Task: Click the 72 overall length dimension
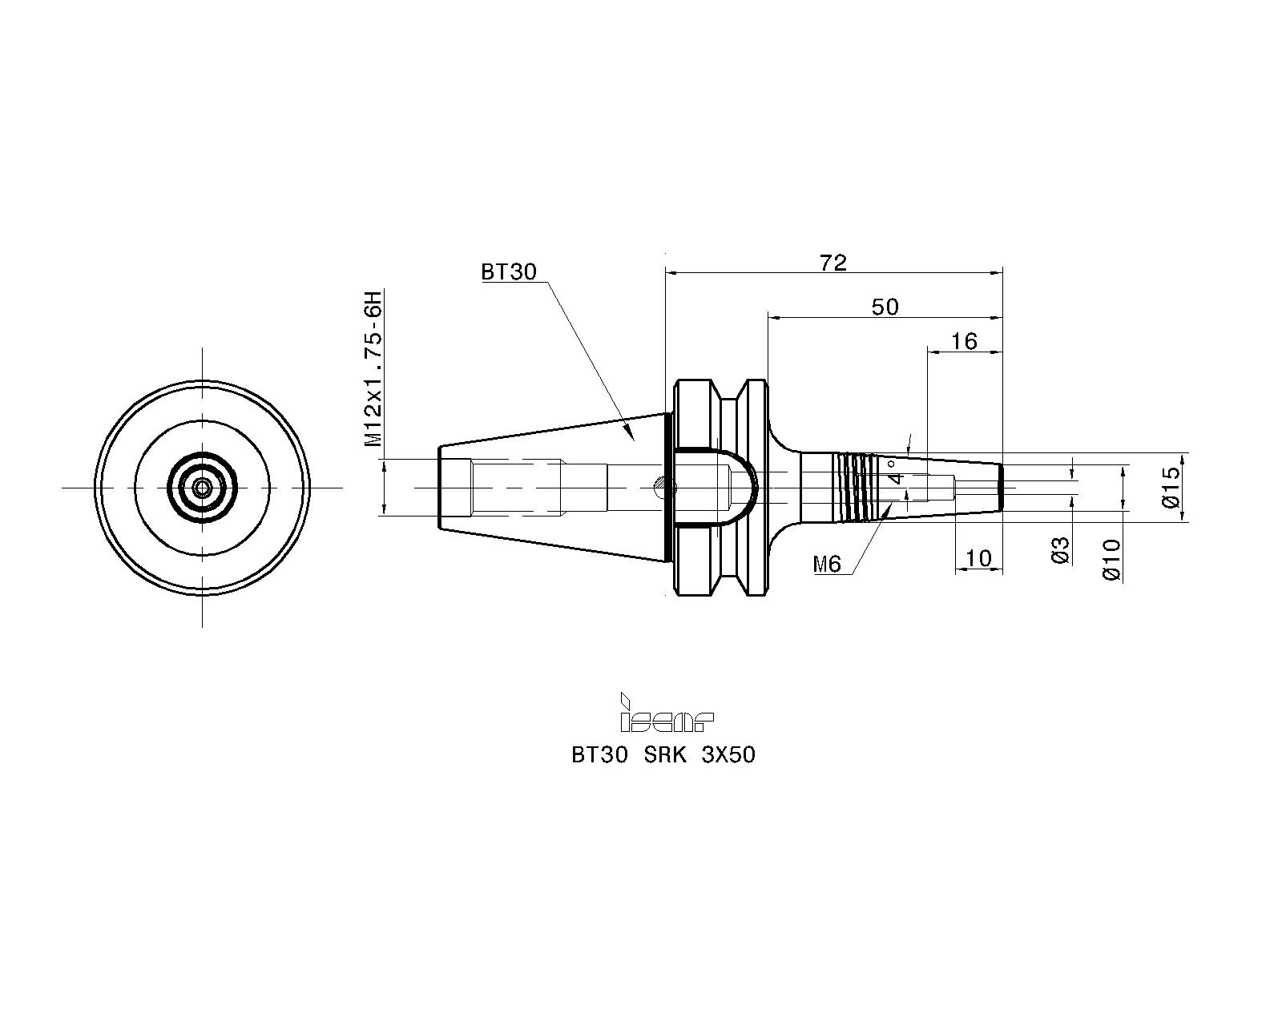832,263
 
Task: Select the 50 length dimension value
885,307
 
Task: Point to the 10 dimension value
978,559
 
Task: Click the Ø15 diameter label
1171,487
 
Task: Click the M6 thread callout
827,564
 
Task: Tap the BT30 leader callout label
509,272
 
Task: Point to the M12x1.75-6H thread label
373,368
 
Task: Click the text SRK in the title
665,755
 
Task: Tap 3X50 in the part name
728,755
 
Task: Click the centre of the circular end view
203,488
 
